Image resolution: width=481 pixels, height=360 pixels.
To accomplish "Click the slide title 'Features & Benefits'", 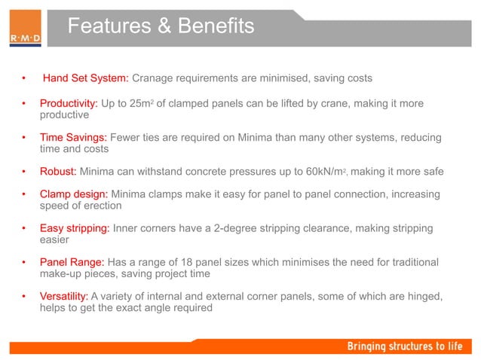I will tap(161, 27).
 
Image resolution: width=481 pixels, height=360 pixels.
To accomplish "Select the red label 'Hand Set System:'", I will tap(85, 78).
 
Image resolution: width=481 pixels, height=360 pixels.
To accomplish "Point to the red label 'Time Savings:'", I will tap(73, 138).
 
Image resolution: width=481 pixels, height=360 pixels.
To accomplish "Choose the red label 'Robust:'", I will tap(57, 172).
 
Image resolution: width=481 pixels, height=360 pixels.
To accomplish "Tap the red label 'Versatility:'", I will tap(64, 297).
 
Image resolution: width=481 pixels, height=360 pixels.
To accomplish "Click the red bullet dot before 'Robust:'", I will tap(24, 172).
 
